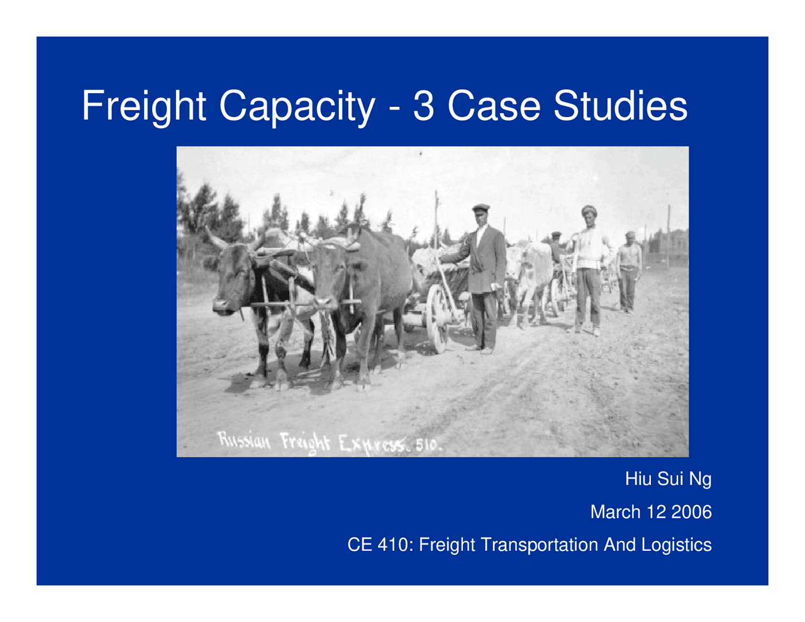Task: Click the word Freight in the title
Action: pos(144,106)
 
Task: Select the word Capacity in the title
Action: pos(296,106)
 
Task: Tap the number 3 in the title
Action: pos(423,106)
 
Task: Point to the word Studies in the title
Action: pos(620,106)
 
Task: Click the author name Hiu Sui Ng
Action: pos(668,479)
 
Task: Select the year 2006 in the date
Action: pos(691,512)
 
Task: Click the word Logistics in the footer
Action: pos(677,545)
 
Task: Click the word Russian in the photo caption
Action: pos(244,440)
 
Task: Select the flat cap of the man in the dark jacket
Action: pos(481,208)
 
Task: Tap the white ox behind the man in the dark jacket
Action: pos(527,277)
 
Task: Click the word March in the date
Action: pos(615,512)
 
